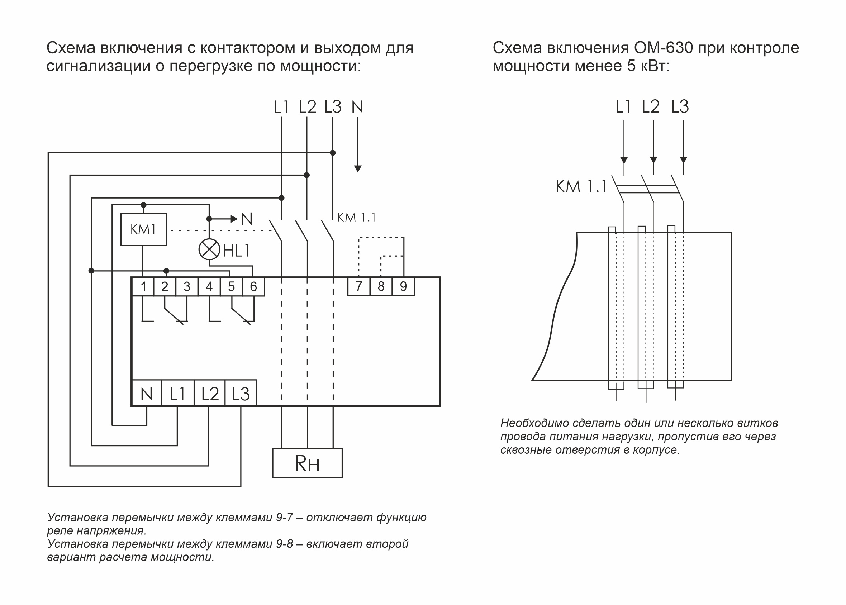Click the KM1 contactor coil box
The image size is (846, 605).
click(143, 229)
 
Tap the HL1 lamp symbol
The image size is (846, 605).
click(209, 249)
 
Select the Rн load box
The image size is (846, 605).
click(307, 463)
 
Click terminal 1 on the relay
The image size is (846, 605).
click(143, 287)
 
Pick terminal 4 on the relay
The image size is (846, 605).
click(209, 287)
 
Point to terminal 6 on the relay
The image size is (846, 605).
click(253, 287)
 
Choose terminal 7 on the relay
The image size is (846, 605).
click(359, 286)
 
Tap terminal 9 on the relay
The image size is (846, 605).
click(403, 286)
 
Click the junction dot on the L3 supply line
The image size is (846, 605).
click(333, 153)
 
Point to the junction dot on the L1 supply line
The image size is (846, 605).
click(282, 198)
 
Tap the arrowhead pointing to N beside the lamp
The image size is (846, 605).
click(234, 219)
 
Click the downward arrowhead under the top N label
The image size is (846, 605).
click(358, 169)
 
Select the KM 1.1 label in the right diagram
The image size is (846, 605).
click(581, 187)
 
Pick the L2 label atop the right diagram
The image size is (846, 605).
click(650, 107)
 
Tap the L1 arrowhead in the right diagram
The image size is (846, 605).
click(624, 160)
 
